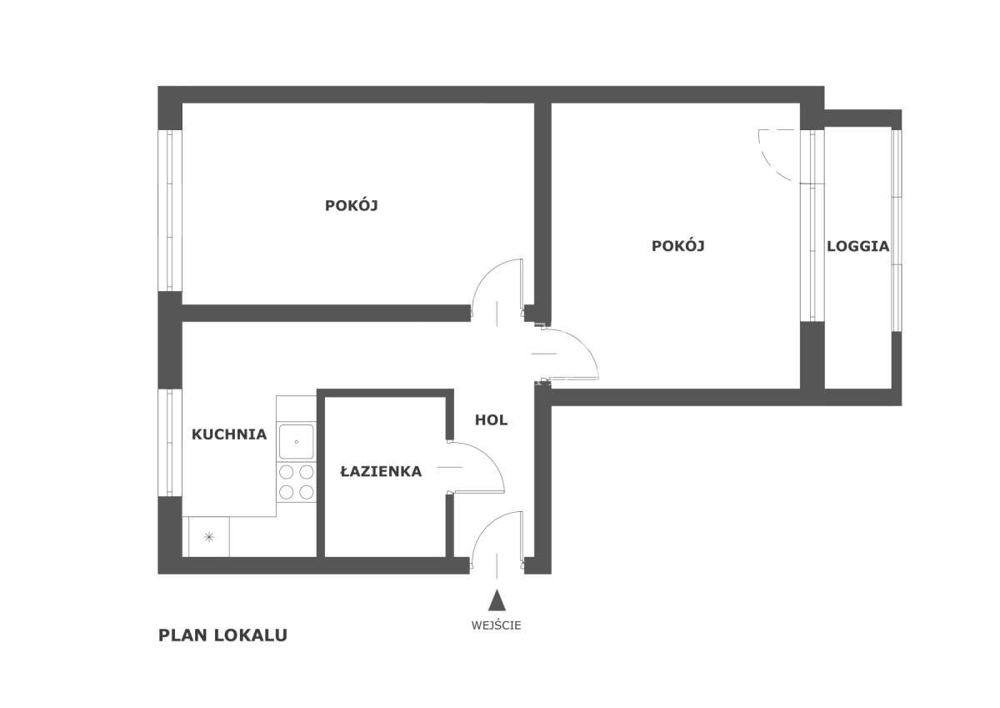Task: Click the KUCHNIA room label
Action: point(229,434)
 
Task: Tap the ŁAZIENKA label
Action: point(381,472)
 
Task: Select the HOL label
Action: point(491,420)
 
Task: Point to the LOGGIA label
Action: point(857,247)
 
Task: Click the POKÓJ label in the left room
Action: point(352,206)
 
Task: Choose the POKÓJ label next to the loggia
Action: point(678,246)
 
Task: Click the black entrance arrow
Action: point(497,600)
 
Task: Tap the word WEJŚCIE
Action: point(497,625)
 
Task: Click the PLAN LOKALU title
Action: point(222,635)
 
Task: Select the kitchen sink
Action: point(296,441)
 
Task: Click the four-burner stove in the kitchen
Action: point(297,481)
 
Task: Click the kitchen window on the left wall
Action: point(170,442)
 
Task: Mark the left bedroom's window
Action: point(170,208)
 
